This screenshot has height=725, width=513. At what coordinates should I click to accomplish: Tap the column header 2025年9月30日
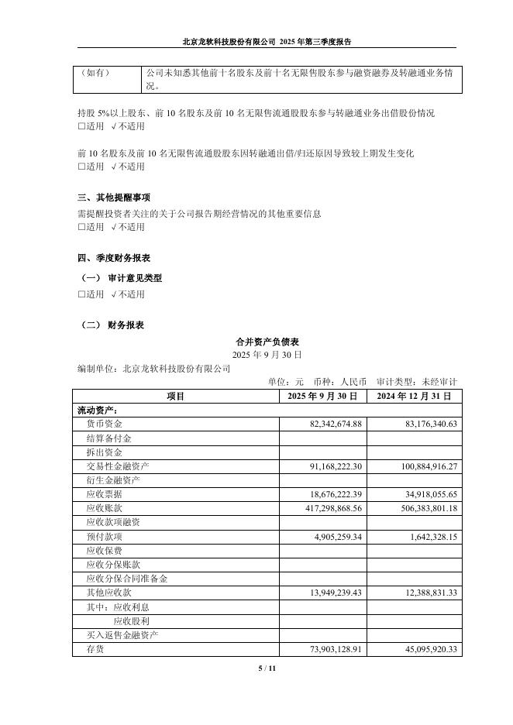click(322, 396)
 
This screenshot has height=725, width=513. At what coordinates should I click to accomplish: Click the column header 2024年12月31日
click(414, 396)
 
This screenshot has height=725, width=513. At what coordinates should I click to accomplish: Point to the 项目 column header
click(176, 396)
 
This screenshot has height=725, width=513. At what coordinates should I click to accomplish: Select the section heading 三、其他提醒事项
click(114, 198)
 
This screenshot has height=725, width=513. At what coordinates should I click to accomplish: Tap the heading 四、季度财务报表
click(114, 257)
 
